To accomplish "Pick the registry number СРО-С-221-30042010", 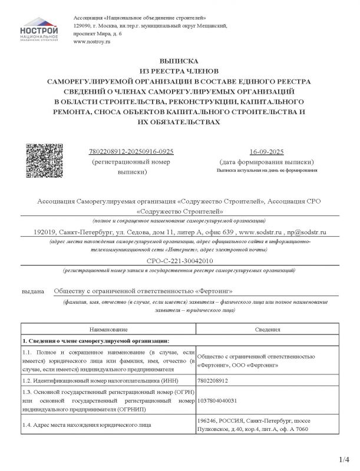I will click(179, 260).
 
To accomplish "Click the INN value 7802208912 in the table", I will click(213, 381).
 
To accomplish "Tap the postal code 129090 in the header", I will click(82, 26).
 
